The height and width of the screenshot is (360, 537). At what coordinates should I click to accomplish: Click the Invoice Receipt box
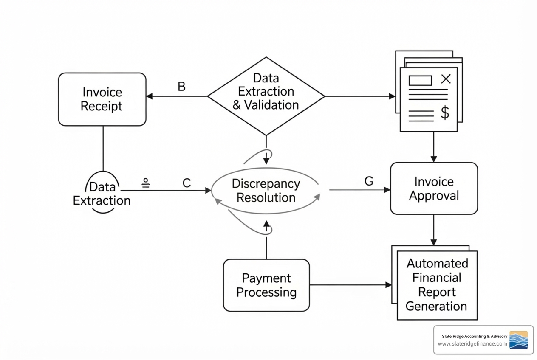click(102, 99)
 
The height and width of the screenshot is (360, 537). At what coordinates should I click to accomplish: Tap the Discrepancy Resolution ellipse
click(266, 190)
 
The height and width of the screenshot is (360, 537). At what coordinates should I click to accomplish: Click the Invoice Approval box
click(434, 188)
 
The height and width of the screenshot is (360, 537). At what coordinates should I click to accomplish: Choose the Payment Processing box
click(266, 285)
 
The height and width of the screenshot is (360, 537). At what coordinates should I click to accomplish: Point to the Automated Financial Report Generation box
click(437, 285)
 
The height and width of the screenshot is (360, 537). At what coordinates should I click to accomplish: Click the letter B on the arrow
click(181, 87)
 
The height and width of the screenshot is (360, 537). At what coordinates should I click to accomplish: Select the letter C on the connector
click(187, 183)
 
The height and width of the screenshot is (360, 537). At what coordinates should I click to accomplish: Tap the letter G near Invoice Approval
click(369, 181)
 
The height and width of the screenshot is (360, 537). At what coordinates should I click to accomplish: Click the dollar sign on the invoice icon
click(445, 113)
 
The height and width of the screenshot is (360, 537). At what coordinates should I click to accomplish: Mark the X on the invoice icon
click(446, 79)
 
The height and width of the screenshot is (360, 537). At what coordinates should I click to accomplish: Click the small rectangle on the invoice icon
click(420, 80)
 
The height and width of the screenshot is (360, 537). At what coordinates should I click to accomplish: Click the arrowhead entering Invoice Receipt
click(149, 96)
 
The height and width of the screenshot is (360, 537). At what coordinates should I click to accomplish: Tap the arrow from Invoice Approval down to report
click(434, 230)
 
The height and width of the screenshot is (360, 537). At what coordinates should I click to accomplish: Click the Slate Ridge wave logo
click(518, 340)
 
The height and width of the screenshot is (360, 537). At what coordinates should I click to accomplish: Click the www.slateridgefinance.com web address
click(472, 344)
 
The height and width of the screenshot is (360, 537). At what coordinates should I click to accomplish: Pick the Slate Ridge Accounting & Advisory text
click(475, 336)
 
